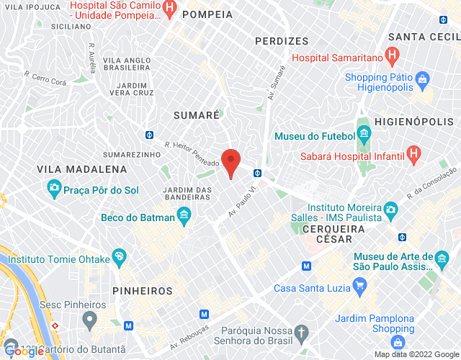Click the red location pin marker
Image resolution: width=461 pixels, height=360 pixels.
pyautogui.click(x=230, y=161)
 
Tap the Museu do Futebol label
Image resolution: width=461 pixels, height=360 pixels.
pyautogui.click(x=315, y=136)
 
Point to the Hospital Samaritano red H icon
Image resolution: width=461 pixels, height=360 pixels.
pyautogui.click(x=392, y=54)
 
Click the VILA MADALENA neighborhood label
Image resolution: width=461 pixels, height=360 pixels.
pyautogui.click(x=82, y=169)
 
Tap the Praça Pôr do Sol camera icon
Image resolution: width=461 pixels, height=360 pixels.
pyautogui.click(x=54, y=189)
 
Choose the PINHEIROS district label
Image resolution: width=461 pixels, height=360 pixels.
pyautogui.click(x=143, y=291)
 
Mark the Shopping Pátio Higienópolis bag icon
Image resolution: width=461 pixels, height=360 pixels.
pyautogui.click(x=423, y=77)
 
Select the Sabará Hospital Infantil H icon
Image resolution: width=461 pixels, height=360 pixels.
pyautogui.click(x=413, y=153)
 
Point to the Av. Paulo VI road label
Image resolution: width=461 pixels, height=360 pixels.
pyautogui.click(x=243, y=204)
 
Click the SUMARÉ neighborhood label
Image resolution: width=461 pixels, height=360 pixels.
pyautogui.click(x=197, y=114)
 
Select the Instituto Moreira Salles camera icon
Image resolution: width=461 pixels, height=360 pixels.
pyautogui.click(x=390, y=209)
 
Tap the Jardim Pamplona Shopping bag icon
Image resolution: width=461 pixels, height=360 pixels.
pyautogui.click(x=398, y=342)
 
